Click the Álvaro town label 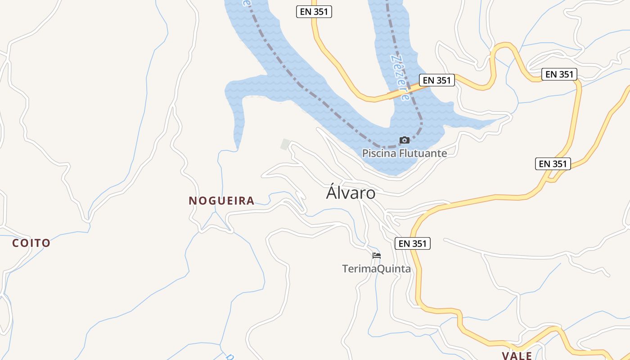pyautogui.click(x=351, y=193)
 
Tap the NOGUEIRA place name pyautogui.click(x=221, y=201)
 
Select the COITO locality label pyautogui.click(x=31, y=243)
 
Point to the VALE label pyautogui.click(x=517, y=355)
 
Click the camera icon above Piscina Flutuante pyautogui.click(x=405, y=140)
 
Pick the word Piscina pyautogui.click(x=379, y=153)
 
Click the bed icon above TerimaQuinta pyautogui.click(x=377, y=256)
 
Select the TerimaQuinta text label pyautogui.click(x=376, y=269)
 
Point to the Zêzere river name pyautogui.click(x=400, y=77)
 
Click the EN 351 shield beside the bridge pyautogui.click(x=437, y=81)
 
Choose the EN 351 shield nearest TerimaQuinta pyautogui.click(x=413, y=243)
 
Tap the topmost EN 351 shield pyautogui.click(x=314, y=12)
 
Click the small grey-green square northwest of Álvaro pyautogui.click(x=285, y=144)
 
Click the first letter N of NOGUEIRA pyautogui.click(x=193, y=201)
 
